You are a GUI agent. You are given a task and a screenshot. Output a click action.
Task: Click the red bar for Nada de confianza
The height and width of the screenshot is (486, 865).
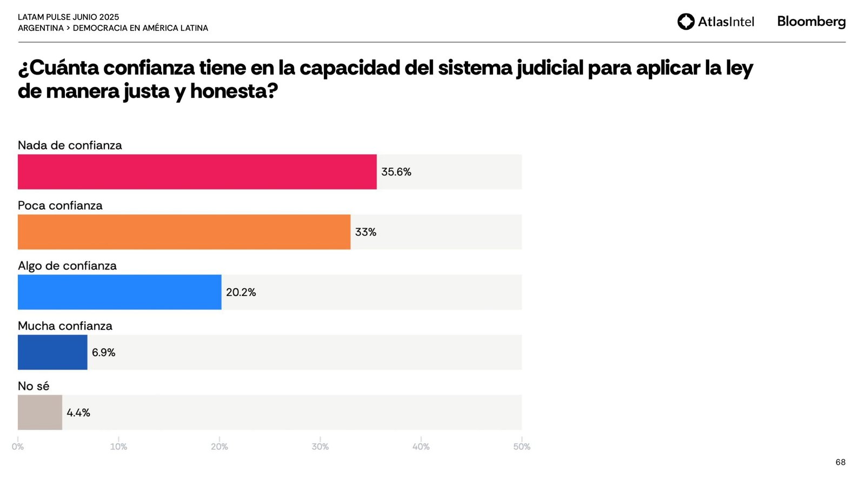pyautogui.click(x=197, y=172)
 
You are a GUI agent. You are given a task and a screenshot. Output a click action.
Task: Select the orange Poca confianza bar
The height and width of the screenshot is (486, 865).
pyautogui.click(x=184, y=232)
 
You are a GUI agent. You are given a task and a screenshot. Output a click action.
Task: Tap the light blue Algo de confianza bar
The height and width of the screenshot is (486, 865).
pyautogui.click(x=119, y=292)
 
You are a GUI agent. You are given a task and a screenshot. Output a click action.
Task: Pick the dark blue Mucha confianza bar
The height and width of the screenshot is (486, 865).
pyautogui.click(x=52, y=352)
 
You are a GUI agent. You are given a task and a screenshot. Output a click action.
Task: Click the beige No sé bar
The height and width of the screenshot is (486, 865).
pyautogui.click(x=40, y=413)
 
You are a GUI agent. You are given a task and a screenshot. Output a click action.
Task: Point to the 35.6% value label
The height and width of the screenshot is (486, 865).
pyautogui.click(x=396, y=172)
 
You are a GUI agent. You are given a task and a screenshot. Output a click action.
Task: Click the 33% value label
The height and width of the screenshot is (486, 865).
pyautogui.click(x=365, y=232)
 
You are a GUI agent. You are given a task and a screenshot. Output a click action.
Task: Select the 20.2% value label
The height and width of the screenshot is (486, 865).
pyautogui.click(x=241, y=292)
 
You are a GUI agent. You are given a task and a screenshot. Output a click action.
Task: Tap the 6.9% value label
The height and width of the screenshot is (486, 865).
pyautogui.click(x=103, y=353)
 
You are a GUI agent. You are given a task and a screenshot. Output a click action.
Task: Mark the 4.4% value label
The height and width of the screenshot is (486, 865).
pyautogui.click(x=78, y=413)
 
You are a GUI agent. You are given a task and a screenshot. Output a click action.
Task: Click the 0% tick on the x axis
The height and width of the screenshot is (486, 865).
pyautogui.click(x=18, y=447)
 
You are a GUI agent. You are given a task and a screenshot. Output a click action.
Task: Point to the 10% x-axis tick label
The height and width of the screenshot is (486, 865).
pyautogui.click(x=118, y=447)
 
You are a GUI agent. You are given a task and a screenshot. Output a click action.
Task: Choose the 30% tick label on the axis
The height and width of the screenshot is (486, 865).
pyautogui.click(x=320, y=447)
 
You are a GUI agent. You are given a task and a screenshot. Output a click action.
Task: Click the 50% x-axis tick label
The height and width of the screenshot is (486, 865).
pyautogui.click(x=522, y=447)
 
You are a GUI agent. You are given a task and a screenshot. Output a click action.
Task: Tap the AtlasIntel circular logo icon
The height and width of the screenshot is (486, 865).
pyautogui.click(x=686, y=22)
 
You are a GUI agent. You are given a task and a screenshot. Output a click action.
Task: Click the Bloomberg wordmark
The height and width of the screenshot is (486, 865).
pyautogui.click(x=811, y=22)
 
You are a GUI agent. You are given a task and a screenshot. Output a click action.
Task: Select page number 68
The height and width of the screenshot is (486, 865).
pyautogui.click(x=840, y=462)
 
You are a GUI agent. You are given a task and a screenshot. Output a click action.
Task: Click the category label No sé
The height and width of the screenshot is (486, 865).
pyautogui.click(x=34, y=386)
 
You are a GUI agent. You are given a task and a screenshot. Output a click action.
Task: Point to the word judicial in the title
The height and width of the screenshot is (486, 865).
pyautogui.click(x=550, y=68)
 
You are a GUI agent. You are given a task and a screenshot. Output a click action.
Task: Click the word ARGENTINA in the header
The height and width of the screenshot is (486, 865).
pyautogui.click(x=41, y=28)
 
